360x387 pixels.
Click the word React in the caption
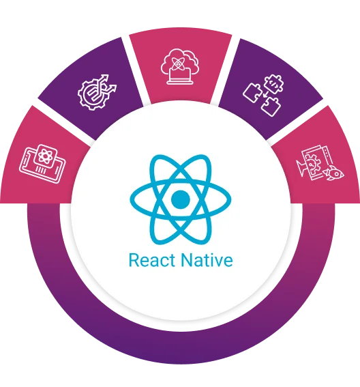pyautogui.click(x=152, y=260)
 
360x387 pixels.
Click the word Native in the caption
pyautogui.click(x=207, y=260)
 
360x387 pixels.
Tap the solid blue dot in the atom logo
pyautogui.click(x=180, y=199)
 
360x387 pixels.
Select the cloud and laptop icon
pyautogui.click(x=180, y=67)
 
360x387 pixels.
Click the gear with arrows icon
pyautogui.click(x=97, y=92)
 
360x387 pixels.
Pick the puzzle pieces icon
pyautogui.click(x=263, y=95)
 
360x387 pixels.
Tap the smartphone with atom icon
pyautogui.click(x=42, y=164)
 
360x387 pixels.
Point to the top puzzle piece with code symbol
pyautogui.click(x=273, y=83)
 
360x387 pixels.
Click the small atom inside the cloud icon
pyautogui.click(x=177, y=63)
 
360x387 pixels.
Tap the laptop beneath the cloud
pyautogui.click(x=179, y=76)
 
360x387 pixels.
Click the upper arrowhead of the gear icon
pyautogui.click(x=105, y=78)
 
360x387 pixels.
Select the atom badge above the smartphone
pyautogui.click(x=45, y=154)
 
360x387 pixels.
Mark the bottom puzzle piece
pyautogui.click(x=270, y=106)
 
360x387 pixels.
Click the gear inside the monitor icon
pyautogui.click(x=312, y=162)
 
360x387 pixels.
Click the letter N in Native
pyautogui.click(x=186, y=260)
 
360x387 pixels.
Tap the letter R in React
pyautogui.click(x=134, y=260)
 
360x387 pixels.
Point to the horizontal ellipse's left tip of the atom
pyautogui.click(x=130, y=199)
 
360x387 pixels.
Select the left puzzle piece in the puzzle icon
pyautogui.click(x=252, y=93)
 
